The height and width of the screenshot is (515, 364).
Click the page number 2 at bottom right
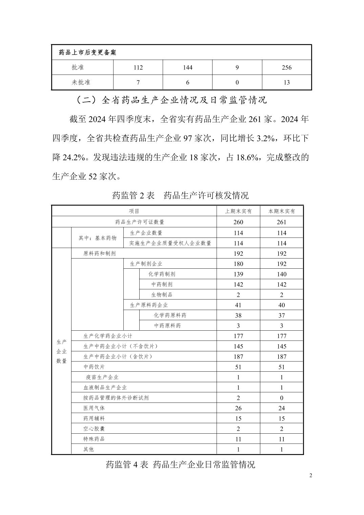(311, 475)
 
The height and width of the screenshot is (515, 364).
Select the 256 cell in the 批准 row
(286, 67)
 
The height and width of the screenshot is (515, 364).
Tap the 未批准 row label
(81, 82)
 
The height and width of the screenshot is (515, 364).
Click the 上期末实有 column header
(238, 211)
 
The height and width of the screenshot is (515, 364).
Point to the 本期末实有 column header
(282, 211)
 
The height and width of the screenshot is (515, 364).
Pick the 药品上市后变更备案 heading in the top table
(87, 53)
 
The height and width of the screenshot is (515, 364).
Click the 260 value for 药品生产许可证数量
(238, 222)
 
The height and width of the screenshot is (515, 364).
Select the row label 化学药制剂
(162, 274)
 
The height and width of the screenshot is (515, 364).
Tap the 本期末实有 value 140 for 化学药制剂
(282, 274)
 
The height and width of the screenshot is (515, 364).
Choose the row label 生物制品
(162, 295)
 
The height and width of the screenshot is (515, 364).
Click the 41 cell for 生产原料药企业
(238, 305)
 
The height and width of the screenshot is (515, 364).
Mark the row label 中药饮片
(94, 367)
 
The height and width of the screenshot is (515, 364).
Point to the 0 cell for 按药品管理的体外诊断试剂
(282, 398)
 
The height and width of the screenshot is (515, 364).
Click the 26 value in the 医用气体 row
(238, 408)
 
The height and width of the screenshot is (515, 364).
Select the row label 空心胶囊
(94, 429)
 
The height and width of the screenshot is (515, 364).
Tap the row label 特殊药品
(94, 439)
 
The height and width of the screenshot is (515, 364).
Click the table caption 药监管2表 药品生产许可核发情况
(180, 195)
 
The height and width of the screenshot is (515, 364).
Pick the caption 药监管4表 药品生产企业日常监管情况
(180, 464)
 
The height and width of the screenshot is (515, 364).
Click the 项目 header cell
(135, 211)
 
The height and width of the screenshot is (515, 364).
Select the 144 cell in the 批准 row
(187, 67)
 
